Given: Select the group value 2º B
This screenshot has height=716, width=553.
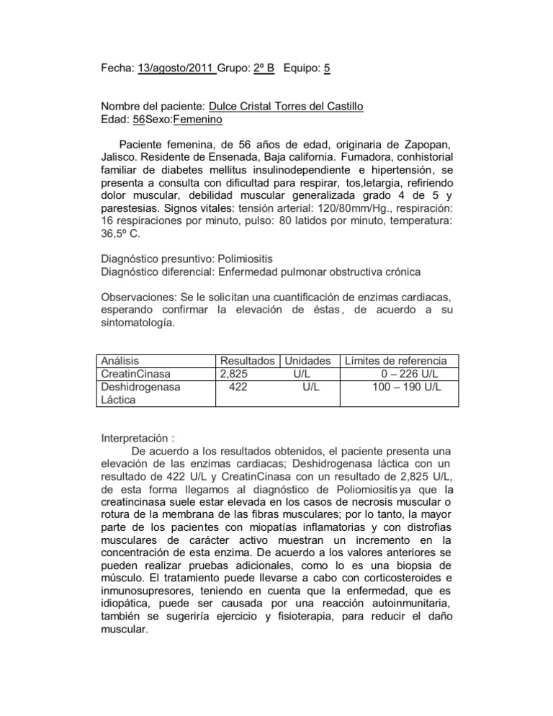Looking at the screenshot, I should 263,68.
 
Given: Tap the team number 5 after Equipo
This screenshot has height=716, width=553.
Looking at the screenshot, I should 327,68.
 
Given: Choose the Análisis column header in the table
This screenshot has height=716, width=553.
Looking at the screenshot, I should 120,360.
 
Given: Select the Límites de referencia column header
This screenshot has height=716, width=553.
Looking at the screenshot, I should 397,360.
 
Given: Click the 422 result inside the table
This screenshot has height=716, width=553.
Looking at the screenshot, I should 238,386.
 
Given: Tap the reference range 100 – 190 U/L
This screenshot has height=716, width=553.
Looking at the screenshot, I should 403,386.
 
